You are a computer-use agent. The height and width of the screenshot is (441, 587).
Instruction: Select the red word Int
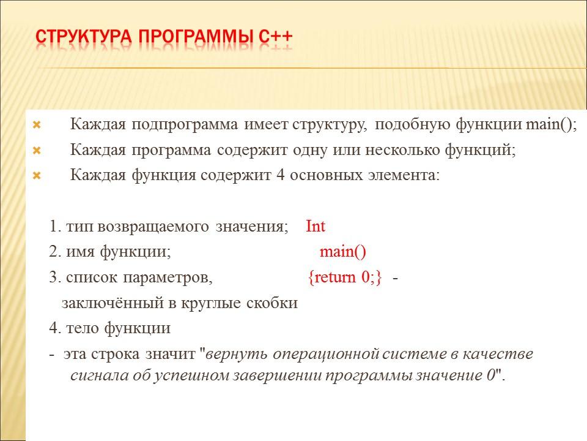(316, 227)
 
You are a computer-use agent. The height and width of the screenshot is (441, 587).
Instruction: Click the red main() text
(342, 252)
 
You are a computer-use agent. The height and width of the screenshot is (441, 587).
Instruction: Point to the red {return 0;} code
(345, 277)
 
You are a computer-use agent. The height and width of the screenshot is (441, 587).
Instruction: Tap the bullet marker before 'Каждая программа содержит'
(35, 151)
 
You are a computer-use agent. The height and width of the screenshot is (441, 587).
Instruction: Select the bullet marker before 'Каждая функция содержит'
(35, 176)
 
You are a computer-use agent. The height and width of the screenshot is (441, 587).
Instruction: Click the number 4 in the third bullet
(281, 175)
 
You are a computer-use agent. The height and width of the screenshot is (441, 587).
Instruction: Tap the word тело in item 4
(81, 328)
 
